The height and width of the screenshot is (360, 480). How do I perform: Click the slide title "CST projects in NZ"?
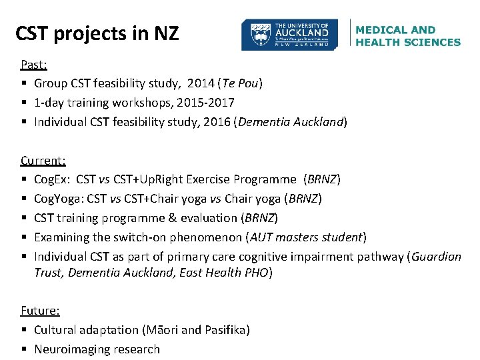97,33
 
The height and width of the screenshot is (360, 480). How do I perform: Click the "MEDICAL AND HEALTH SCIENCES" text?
407,36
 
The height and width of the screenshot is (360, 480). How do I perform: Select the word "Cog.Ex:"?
53,179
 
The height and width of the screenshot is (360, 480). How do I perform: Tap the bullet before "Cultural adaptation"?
23,329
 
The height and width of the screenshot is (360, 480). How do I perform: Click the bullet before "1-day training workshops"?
23,103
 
